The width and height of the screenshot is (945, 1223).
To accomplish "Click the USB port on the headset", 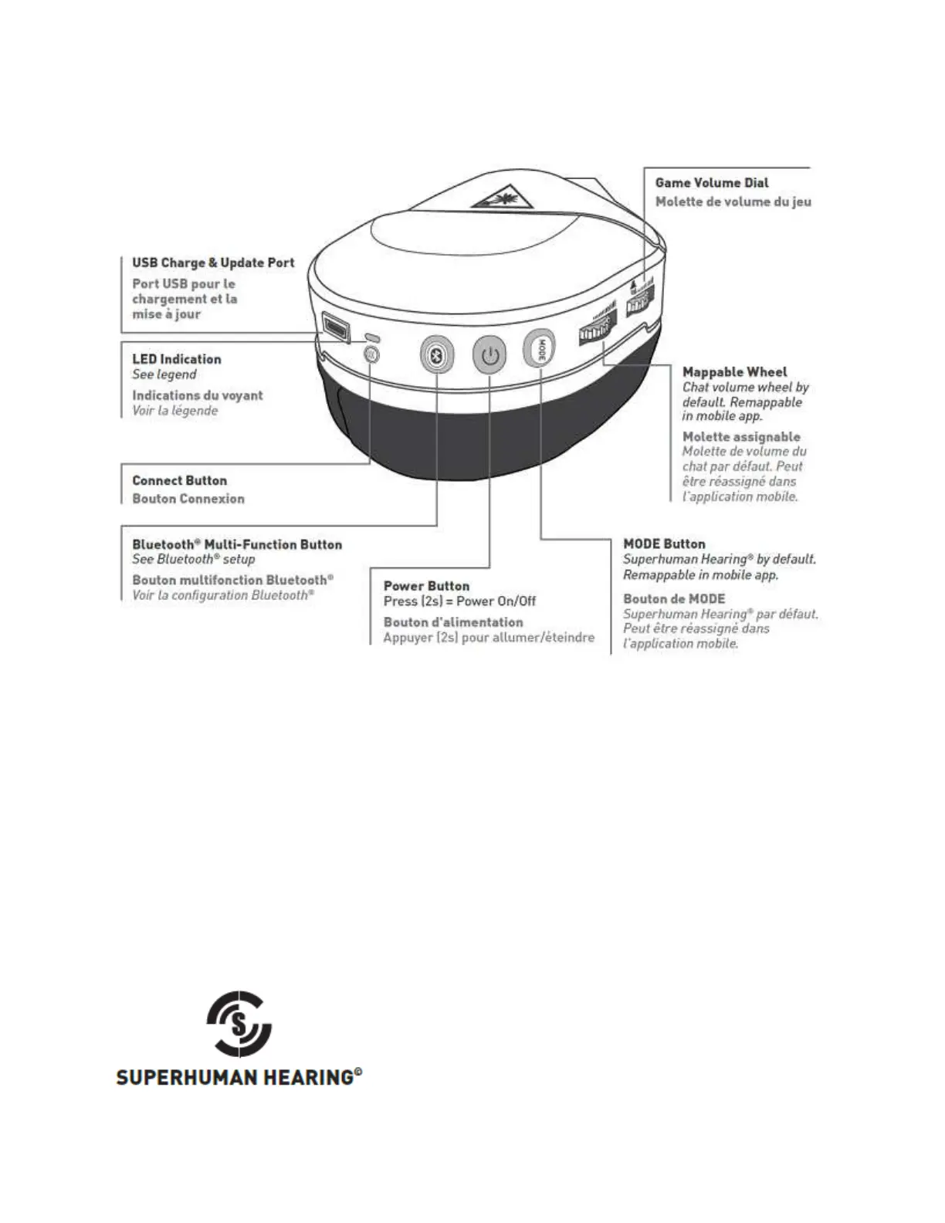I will pos(335,327).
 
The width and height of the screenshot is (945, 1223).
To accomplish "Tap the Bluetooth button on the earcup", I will pos(436,356).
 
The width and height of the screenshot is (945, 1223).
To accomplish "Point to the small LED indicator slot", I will pos(372,337).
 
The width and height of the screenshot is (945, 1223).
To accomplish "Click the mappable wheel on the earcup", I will pos(598,330).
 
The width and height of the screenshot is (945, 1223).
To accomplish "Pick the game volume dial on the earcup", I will pos(640,303).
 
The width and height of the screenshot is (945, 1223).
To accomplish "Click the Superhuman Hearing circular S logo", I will pos(239,1024).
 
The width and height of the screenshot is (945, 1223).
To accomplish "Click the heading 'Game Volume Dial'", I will pos(711,183).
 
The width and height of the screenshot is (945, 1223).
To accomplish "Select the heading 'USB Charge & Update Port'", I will pos(213,263).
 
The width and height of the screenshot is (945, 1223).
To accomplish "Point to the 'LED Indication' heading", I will pos(176,359).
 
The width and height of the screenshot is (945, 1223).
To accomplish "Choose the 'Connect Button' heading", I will pos(179,480).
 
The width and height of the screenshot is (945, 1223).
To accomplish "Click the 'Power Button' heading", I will pos(426,586).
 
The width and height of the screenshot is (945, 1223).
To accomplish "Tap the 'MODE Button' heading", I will pos(664,544).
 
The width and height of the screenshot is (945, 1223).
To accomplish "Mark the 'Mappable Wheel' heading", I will pos(734,372).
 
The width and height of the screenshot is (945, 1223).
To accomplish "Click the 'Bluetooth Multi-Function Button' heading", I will pos(236,544).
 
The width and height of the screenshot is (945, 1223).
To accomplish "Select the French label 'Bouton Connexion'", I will pos(188,499).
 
